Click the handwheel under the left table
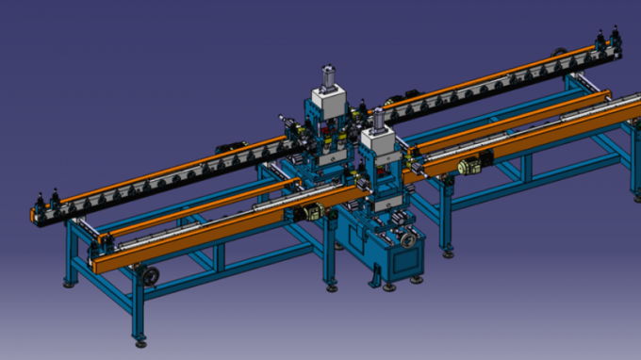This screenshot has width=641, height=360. point(148,276)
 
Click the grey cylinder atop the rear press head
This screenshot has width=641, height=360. point(329,76)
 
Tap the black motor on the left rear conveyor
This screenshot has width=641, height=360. point(227,148)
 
